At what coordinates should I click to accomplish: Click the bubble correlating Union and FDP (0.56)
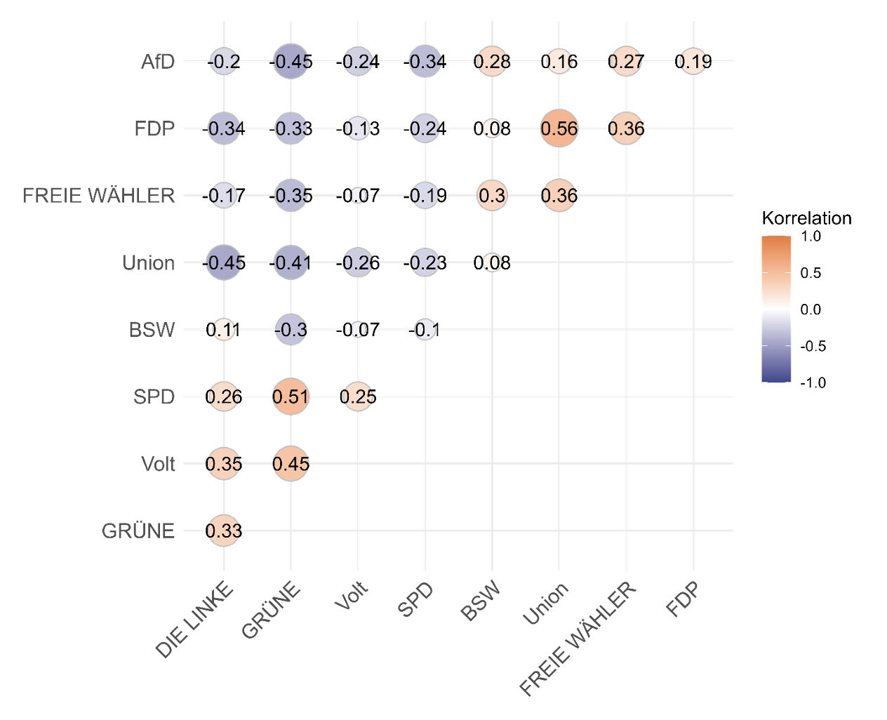tap(559, 128)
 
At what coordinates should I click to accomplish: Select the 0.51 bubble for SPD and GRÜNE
tap(291, 396)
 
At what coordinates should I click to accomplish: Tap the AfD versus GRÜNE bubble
tap(291, 62)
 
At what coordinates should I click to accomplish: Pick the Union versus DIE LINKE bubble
tap(224, 262)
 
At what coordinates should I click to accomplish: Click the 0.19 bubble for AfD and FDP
tap(693, 62)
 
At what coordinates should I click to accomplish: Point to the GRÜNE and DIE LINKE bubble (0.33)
tap(224, 531)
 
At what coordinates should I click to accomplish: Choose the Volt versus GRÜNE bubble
tap(291, 464)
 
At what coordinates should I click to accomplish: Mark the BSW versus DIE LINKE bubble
tap(224, 330)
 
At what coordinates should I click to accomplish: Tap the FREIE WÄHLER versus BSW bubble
tap(492, 195)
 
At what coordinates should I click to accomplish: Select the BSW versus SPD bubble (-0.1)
tap(425, 330)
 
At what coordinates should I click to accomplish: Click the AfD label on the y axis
tap(158, 62)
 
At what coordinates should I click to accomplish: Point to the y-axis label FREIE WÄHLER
tap(99, 195)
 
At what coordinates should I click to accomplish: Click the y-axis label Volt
tap(158, 464)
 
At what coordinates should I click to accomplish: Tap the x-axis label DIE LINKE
tap(194, 621)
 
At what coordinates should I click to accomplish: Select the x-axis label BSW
tap(481, 602)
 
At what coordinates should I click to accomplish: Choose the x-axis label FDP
tap(683, 601)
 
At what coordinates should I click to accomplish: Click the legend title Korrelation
tap(806, 218)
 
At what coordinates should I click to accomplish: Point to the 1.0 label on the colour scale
tap(811, 236)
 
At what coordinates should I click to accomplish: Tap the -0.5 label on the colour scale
tap(813, 346)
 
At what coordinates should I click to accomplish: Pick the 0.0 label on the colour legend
tap(811, 309)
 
